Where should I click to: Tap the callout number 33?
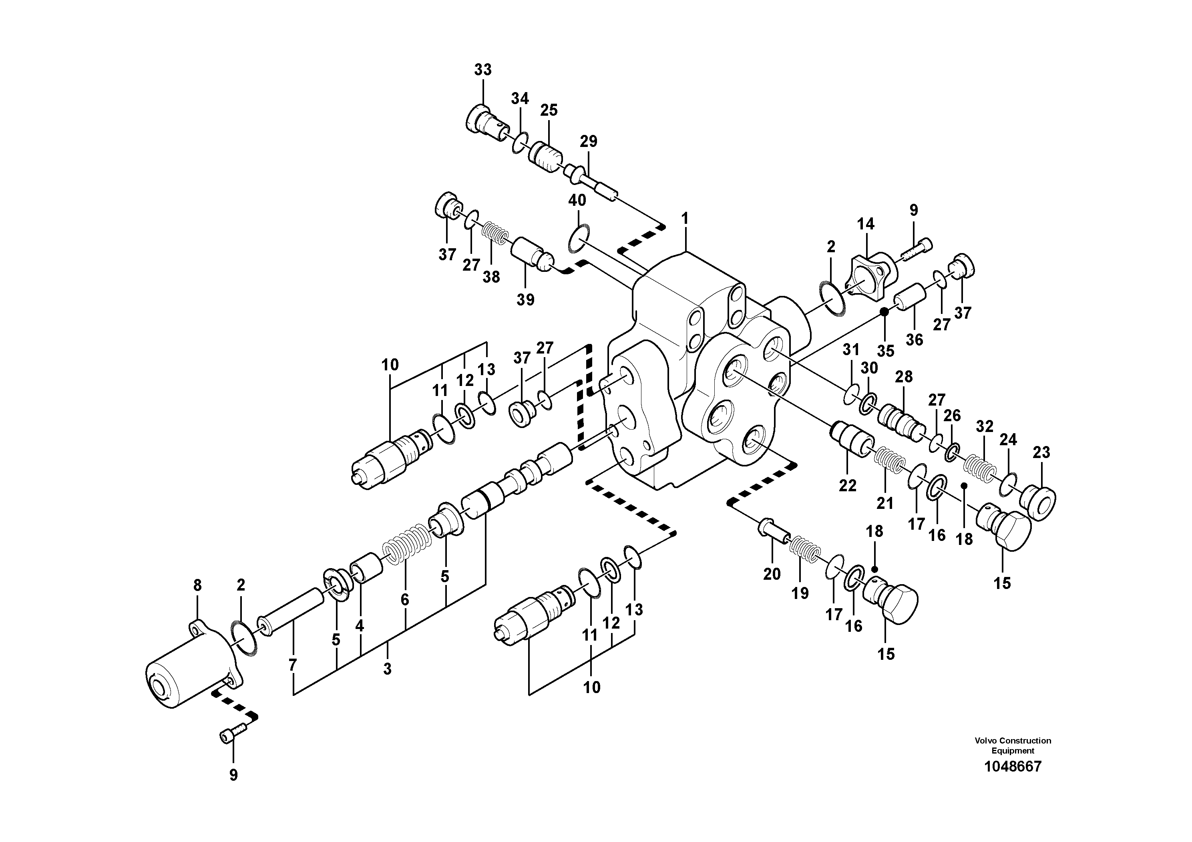(x=482, y=70)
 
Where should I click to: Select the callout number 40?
(x=577, y=200)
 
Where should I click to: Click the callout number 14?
(x=865, y=224)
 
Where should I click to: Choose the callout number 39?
(x=525, y=299)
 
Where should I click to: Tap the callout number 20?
(x=772, y=574)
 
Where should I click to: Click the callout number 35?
(x=886, y=351)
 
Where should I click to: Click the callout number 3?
(x=387, y=669)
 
